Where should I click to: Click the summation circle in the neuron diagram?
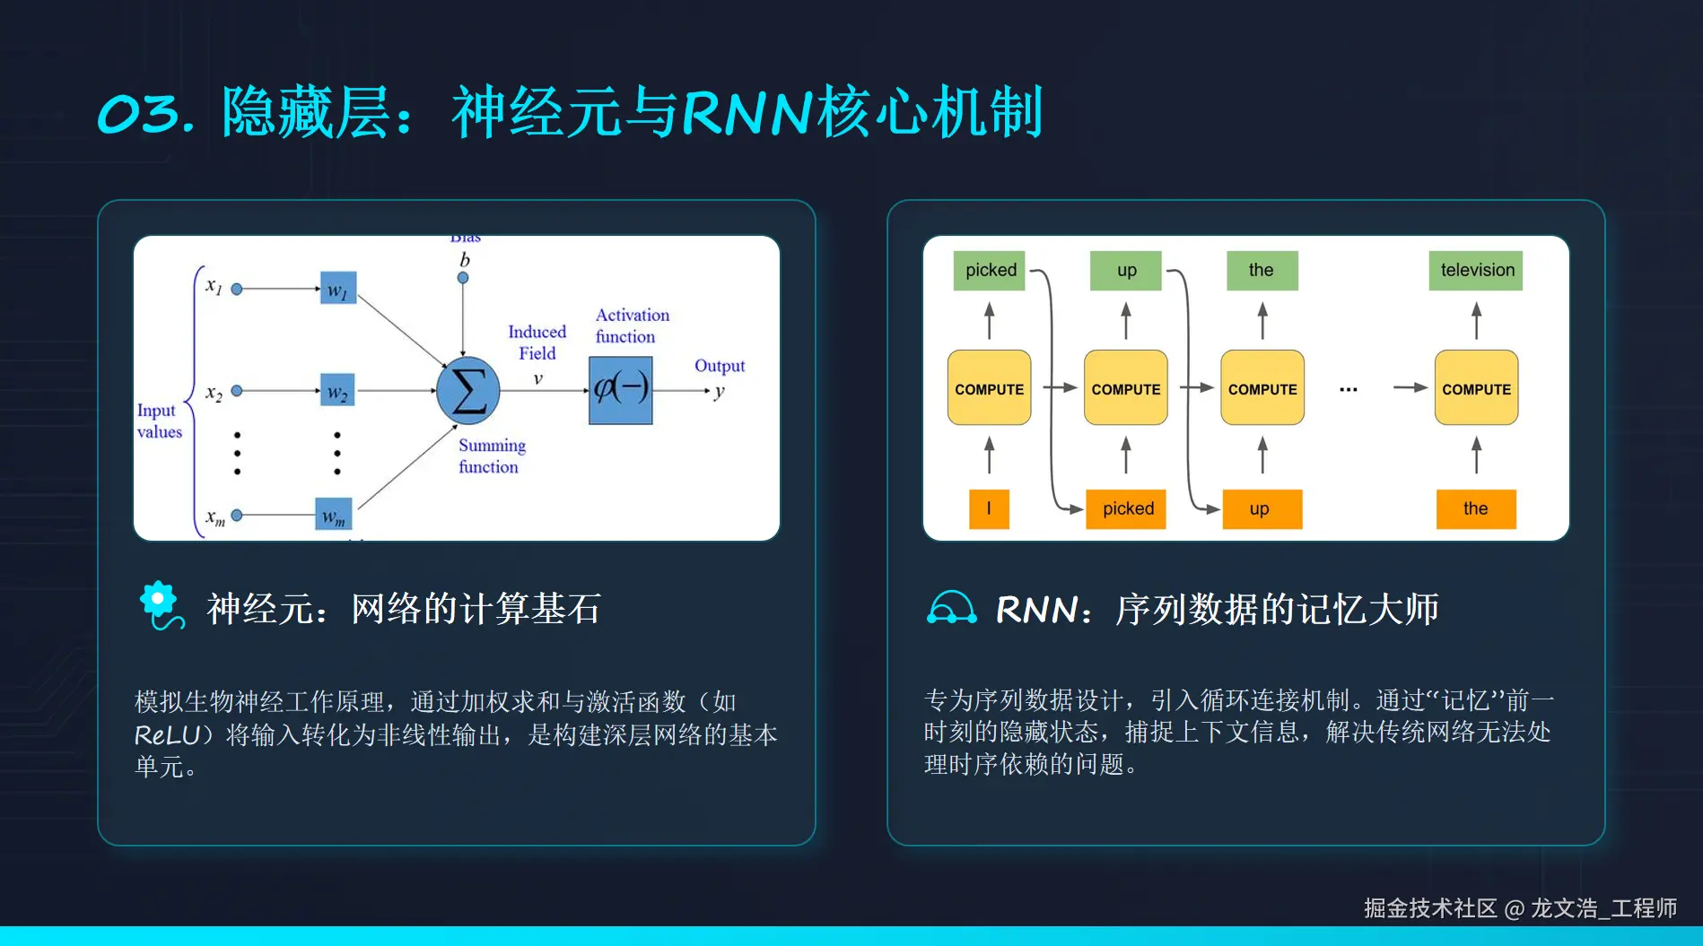coord(467,391)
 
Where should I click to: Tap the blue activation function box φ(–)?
coord(620,390)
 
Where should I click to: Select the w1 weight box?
coord(338,288)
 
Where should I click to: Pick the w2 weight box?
coord(338,390)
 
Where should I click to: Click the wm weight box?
coord(333,515)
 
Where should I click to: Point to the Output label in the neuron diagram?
coord(719,366)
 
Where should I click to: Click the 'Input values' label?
coord(159,421)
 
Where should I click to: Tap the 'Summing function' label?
coord(491,456)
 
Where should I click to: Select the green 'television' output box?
coord(1476,270)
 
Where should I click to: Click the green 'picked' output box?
coord(990,270)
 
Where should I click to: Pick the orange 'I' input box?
coord(989,508)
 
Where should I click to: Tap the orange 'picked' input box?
coord(1126,508)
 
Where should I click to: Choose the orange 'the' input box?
coord(1475,508)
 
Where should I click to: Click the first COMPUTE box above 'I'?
coord(989,388)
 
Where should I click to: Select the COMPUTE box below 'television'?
coord(1476,388)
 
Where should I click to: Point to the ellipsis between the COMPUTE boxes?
coord(1348,389)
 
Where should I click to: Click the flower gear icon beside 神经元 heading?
coord(160,604)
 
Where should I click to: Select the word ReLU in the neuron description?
coord(167,735)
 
